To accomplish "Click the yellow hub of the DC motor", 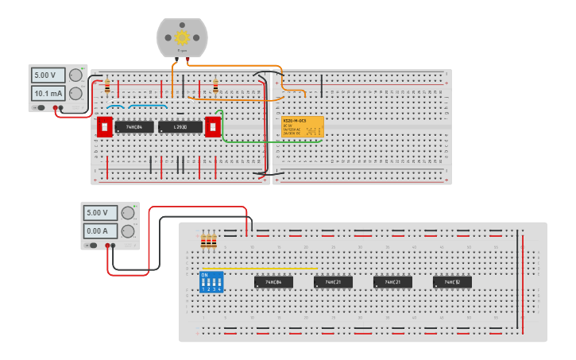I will (x=182, y=37).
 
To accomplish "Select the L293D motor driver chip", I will (x=180, y=127).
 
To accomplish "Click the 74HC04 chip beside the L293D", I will (x=134, y=127).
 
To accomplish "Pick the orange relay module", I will (x=302, y=128).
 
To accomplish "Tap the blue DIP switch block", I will (x=211, y=281).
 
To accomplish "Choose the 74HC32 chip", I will (x=452, y=282).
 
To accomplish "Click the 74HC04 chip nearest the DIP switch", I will (x=273, y=282).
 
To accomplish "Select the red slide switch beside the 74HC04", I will (x=104, y=127).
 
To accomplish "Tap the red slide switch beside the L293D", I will (x=212, y=127).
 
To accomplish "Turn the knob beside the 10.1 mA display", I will (x=75, y=93).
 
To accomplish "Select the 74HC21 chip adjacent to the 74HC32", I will (x=392, y=282).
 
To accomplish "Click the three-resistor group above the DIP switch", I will (x=209, y=241).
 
